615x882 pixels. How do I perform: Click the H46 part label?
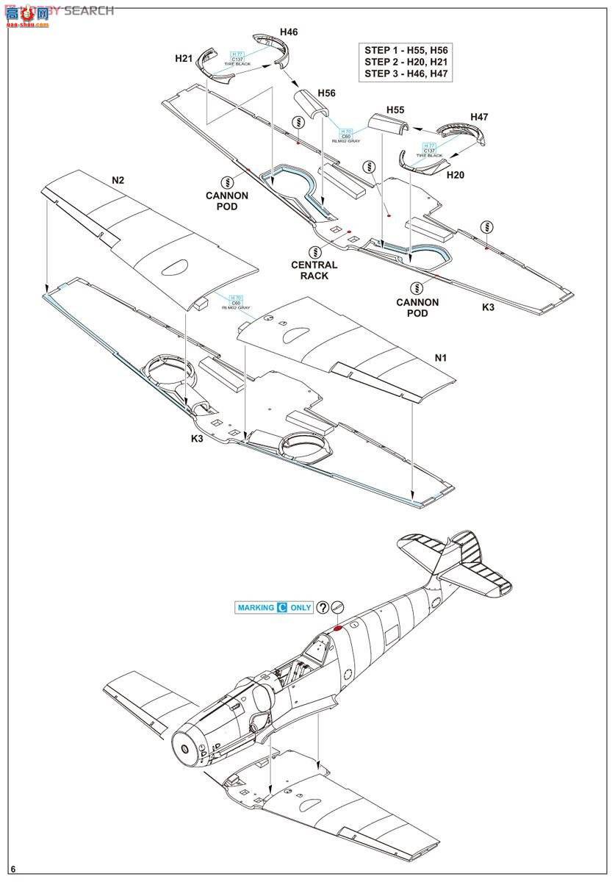[289, 33]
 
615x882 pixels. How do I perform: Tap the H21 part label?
[184, 58]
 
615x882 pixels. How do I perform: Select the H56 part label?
[326, 93]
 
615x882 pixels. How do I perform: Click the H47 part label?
[479, 117]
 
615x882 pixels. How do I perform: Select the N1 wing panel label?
[440, 359]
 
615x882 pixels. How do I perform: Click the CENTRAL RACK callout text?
[314, 270]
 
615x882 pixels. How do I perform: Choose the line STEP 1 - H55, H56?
[406, 50]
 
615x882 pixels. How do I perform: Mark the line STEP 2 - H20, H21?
[406, 62]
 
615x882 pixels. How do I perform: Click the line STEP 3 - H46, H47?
[406, 75]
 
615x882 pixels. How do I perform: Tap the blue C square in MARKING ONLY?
[281, 608]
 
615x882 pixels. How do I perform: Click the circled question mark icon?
[323, 608]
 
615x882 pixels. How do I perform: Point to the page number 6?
[13, 870]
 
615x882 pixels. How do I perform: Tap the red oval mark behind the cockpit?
[338, 628]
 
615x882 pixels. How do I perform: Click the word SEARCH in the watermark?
[89, 10]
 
